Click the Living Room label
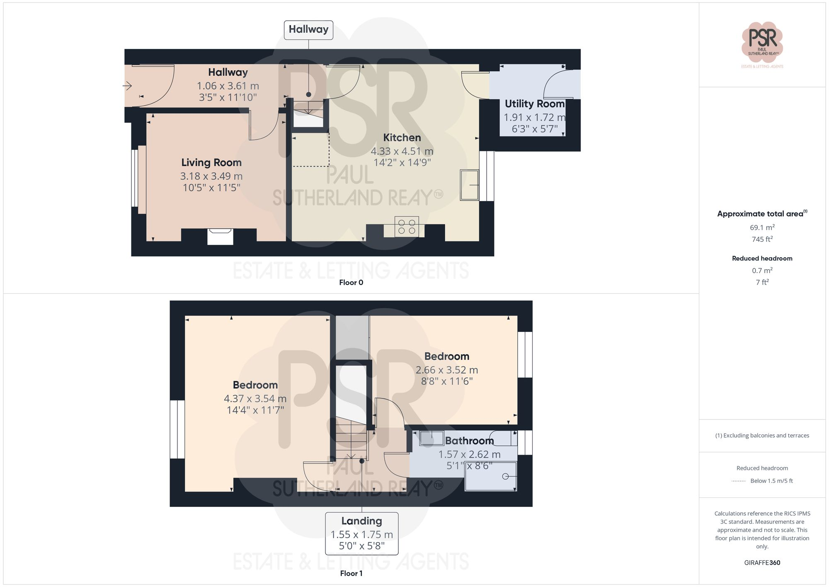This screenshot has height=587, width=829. point(211,163)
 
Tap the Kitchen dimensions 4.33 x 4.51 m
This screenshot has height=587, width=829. point(402,151)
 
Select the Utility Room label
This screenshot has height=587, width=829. point(534,104)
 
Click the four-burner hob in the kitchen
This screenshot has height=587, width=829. point(407,227)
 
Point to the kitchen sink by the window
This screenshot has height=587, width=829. point(469,185)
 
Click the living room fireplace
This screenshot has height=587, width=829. point(220,236)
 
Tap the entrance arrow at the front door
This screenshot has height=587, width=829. point(127,86)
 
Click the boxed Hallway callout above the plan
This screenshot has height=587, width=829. point(308,30)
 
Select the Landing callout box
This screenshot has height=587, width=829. point(361,533)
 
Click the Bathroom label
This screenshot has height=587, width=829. point(469,441)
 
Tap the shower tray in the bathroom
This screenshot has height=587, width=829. point(491,476)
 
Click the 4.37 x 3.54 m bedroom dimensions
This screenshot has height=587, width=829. point(255,399)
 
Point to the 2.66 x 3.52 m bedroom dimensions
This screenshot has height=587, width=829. point(446,370)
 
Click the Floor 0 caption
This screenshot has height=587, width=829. point(351,283)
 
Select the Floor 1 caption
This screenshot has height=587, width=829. point(351,573)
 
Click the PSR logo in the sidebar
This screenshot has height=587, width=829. point(762,41)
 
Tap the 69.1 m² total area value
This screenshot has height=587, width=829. point(762,227)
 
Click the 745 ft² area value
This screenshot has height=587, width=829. point(762,239)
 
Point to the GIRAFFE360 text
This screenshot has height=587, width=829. point(762,563)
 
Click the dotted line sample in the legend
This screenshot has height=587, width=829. point(739,481)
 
